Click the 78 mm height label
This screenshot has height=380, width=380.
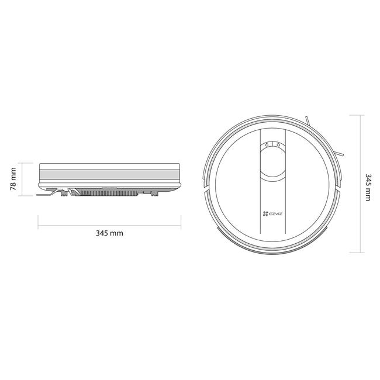(x=13, y=179)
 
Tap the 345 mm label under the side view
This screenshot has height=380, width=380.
(x=109, y=233)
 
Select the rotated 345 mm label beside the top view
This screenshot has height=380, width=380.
(x=368, y=187)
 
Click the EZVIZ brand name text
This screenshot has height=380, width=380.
(x=275, y=213)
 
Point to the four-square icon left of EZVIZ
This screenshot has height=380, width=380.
(x=265, y=213)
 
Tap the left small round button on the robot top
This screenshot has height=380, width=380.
(x=267, y=145)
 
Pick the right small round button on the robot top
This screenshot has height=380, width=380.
(x=278, y=145)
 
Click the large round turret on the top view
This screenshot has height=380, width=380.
(x=272, y=161)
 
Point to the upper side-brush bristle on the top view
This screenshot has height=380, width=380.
(x=308, y=120)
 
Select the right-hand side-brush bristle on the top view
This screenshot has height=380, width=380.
(x=339, y=154)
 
